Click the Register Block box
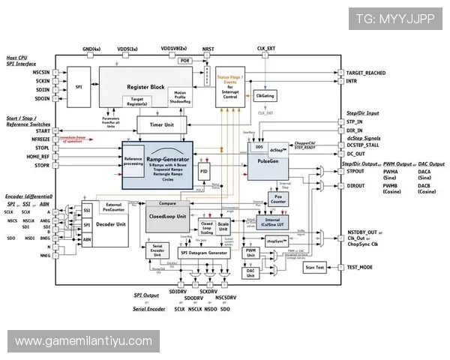pyautogui.click(x=147, y=87)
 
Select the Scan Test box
pyautogui.click(x=314, y=267)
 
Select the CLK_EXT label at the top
pyautogui.click(x=266, y=48)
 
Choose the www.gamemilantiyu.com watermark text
pyautogui.click(x=83, y=341)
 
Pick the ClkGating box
pyautogui.click(x=265, y=96)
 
